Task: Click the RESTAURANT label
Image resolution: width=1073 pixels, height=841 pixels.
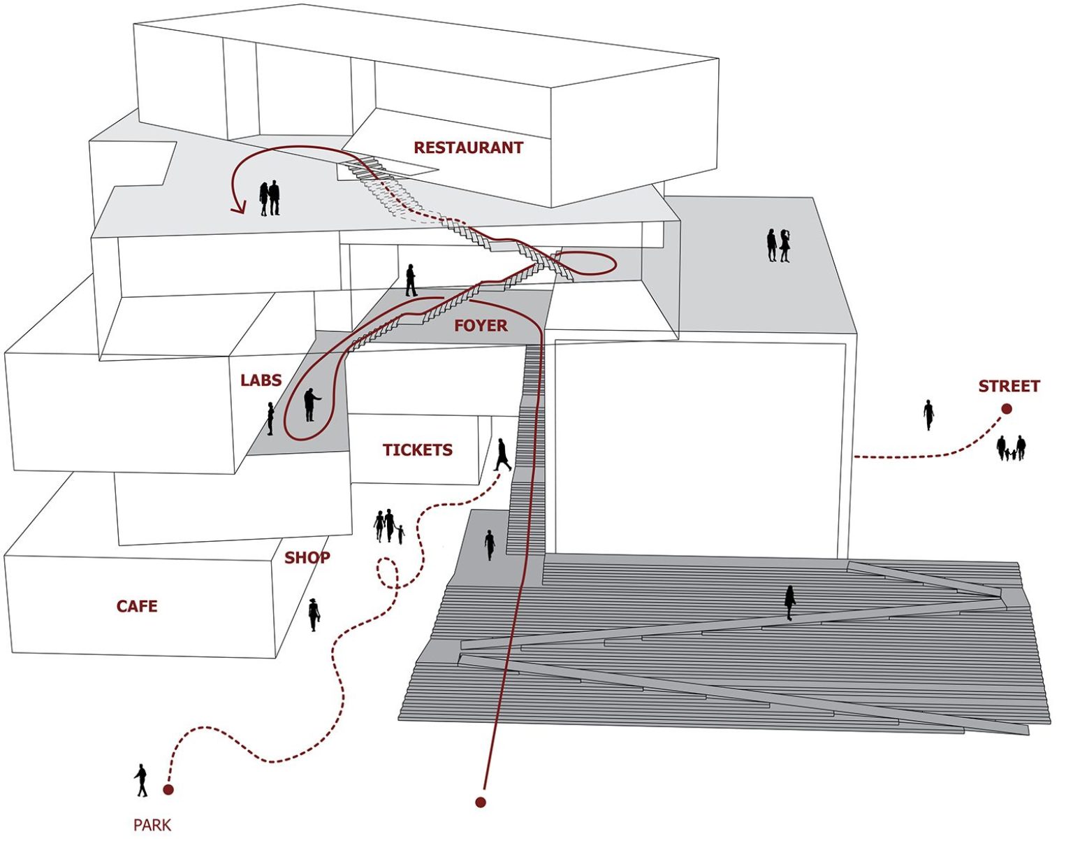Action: coord(468,148)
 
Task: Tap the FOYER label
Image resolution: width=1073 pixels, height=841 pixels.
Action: coord(481,326)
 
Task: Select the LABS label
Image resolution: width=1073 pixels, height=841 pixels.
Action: coord(261,380)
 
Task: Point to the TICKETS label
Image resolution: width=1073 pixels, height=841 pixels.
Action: coord(417,450)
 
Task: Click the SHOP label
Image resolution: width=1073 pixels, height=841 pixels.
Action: coord(307,558)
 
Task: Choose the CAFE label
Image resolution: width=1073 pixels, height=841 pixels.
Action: coord(137,606)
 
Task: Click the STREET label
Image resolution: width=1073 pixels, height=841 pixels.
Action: coord(1009,386)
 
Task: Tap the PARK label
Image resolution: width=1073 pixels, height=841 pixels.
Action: coord(152,826)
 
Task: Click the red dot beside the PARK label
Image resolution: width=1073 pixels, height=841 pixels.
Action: coord(168,790)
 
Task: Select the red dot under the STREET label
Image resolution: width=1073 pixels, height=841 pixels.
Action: coord(1007,409)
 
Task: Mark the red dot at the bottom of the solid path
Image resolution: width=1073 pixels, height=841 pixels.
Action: coord(481,803)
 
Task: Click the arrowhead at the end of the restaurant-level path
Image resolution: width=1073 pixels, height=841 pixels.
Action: coord(239,207)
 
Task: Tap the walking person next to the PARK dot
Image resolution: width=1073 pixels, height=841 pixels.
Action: coord(141,780)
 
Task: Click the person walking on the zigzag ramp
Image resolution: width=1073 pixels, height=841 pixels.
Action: coord(790,602)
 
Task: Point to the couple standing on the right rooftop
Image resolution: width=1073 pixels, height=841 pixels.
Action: coord(778,245)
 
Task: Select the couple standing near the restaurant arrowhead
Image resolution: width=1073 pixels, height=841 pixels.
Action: coord(270,199)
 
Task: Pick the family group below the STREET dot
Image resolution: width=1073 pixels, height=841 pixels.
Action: coord(1012,448)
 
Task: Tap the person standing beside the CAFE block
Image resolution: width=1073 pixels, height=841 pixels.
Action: coord(314,614)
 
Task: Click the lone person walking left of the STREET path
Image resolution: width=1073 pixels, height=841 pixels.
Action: coord(928,415)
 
